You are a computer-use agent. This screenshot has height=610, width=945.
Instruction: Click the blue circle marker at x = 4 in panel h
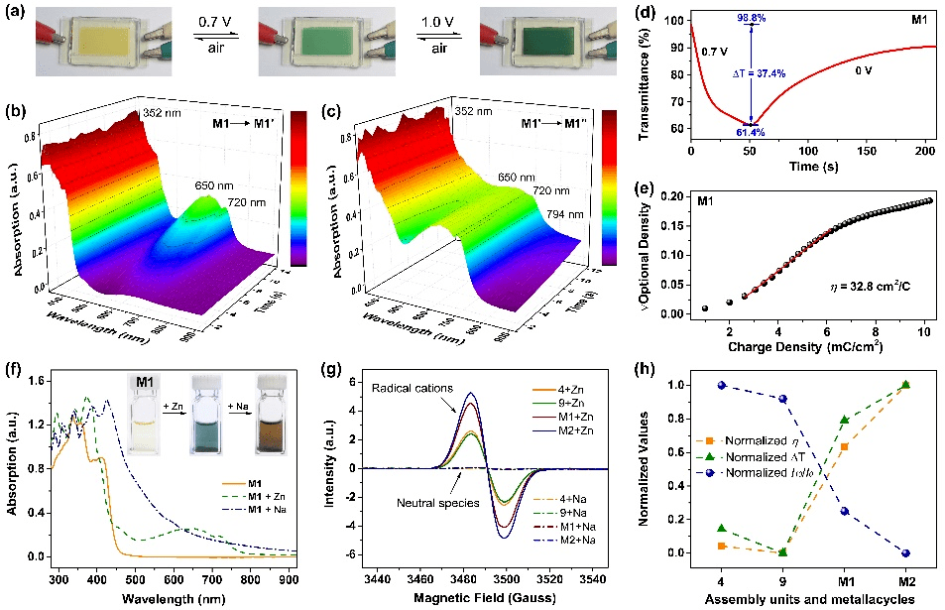click(x=722, y=385)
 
